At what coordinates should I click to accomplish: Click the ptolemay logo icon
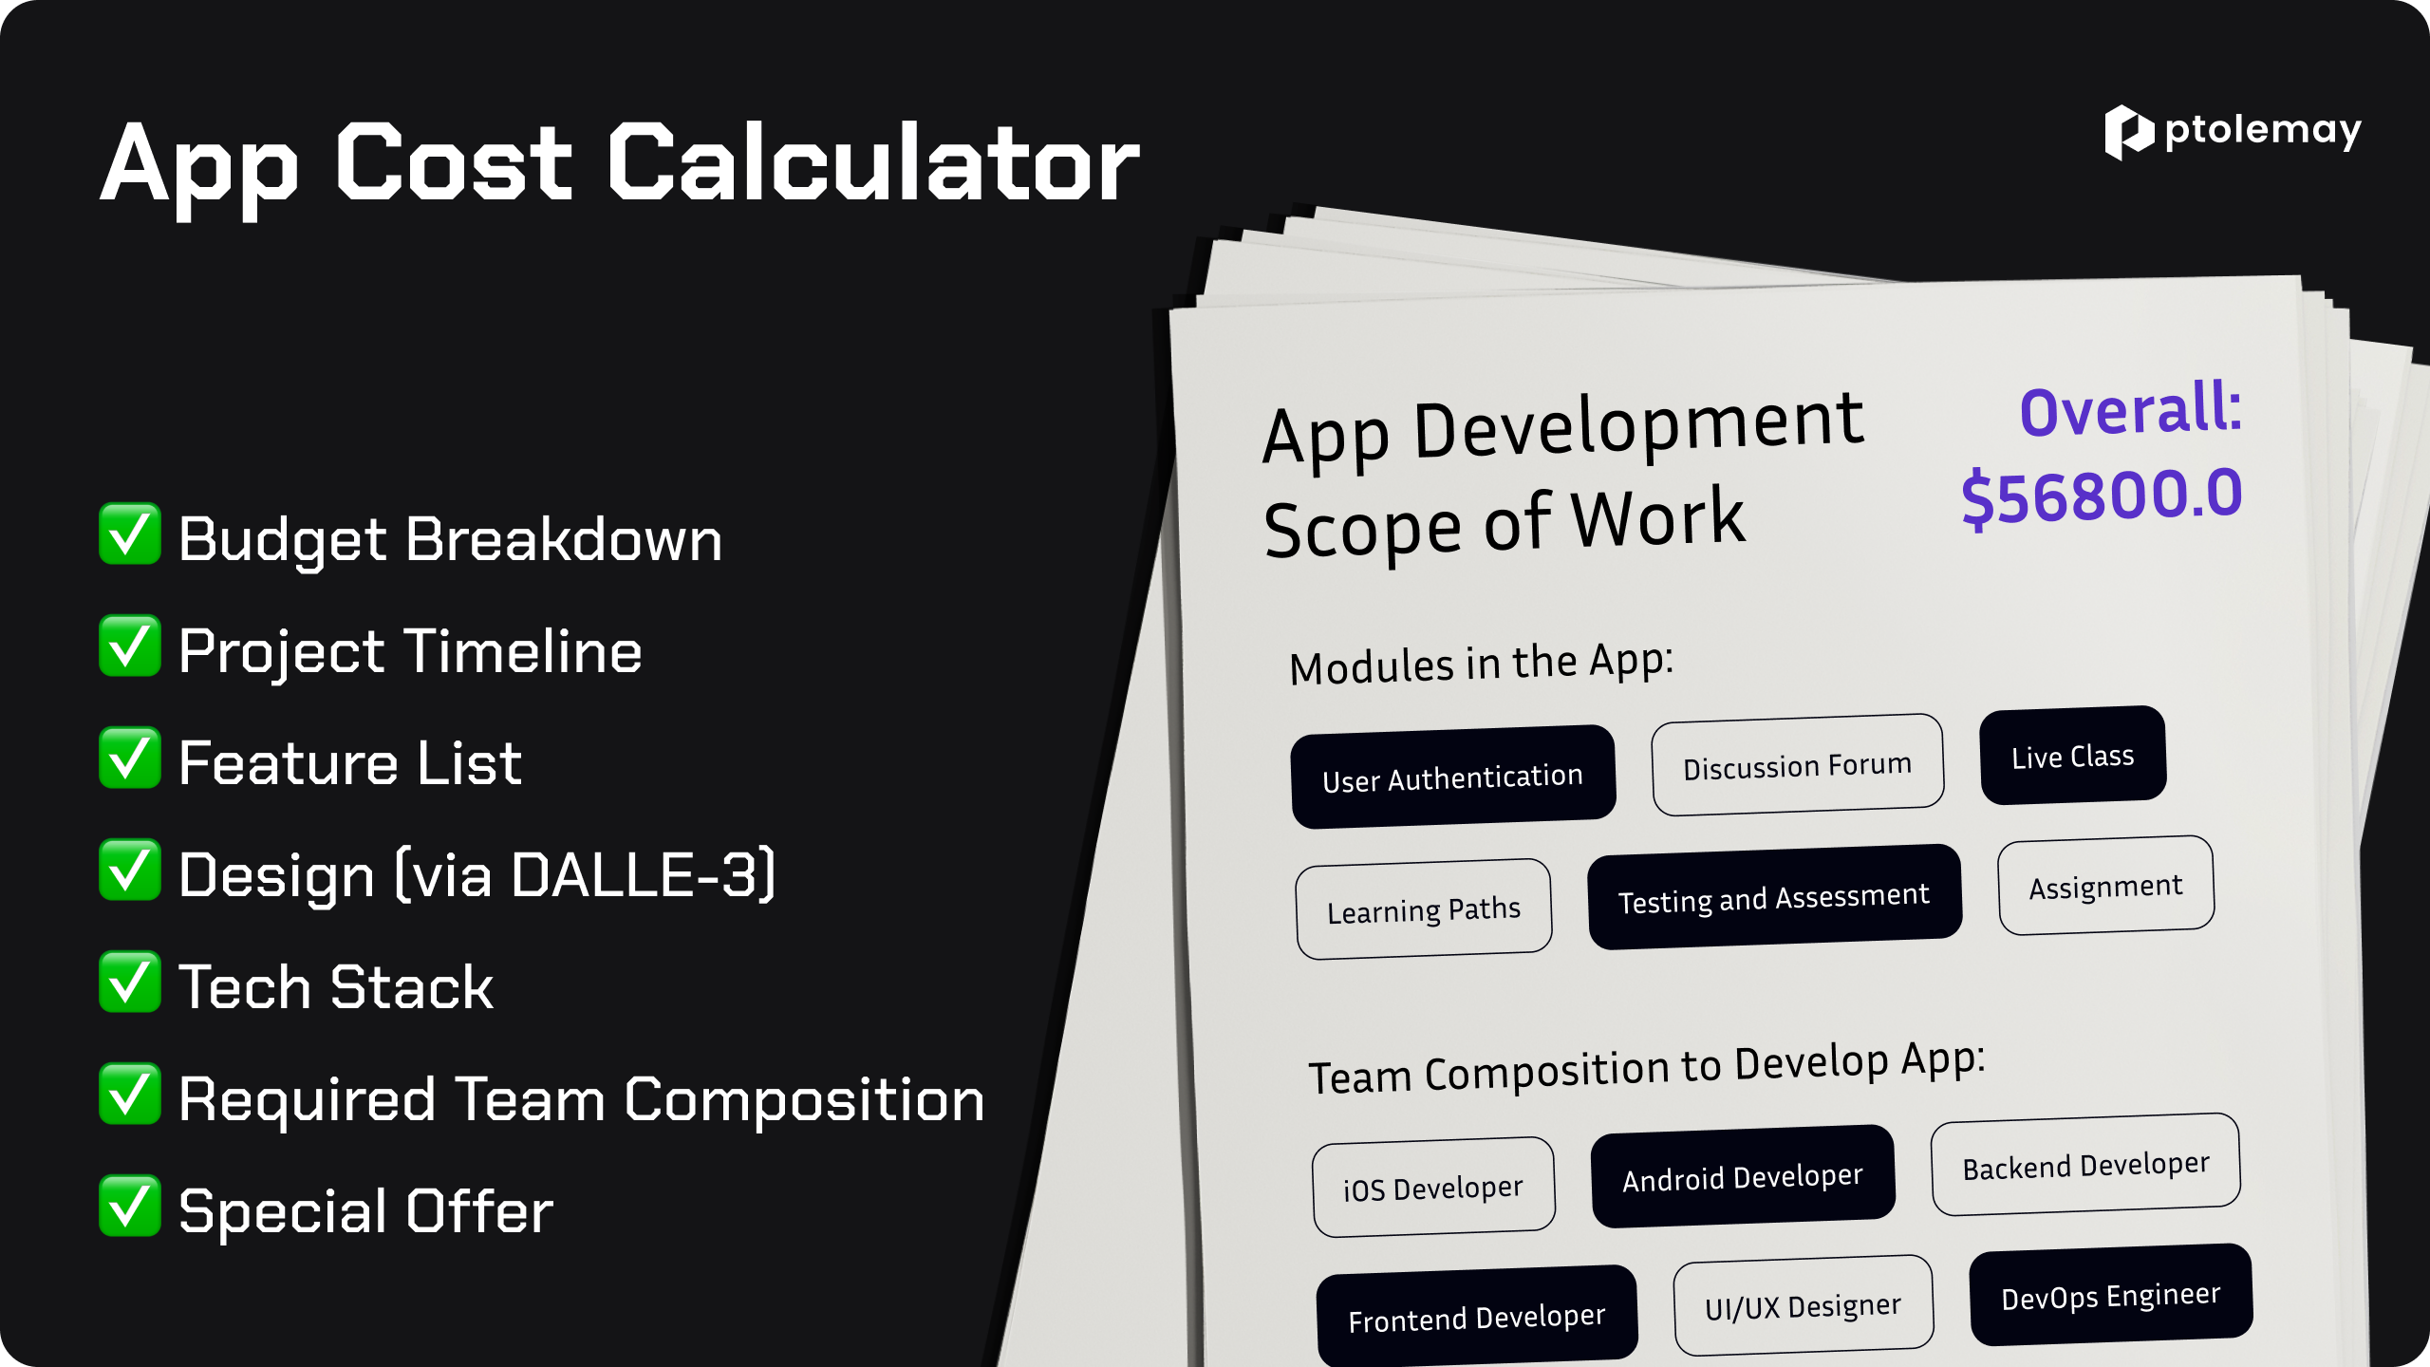pos(2129,133)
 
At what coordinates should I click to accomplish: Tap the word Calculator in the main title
pos(873,163)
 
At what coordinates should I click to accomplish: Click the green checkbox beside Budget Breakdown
pos(130,534)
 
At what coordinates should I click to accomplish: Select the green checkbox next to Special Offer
pos(130,1206)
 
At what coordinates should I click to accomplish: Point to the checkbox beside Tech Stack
pos(130,982)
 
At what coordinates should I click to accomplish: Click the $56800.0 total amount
pos(2102,496)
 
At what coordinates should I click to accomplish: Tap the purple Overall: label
pos(2130,410)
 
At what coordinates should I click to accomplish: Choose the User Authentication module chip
pos(1453,777)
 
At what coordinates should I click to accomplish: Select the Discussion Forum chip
pos(1798,765)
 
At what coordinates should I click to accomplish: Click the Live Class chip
pos(2073,756)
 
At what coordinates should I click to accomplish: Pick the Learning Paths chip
pos(1424,909)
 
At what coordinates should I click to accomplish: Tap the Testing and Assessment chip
pos(1774,897)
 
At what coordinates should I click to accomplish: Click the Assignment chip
pos(2106,886)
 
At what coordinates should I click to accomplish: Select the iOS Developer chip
pos(1433,1188)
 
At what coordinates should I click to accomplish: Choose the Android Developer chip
pos(1743,1177)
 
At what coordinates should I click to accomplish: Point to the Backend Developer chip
pos(2086,1165)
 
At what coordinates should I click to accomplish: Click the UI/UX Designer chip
pos(1804,1306)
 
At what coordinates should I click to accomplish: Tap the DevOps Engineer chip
pos(2111,1295)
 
